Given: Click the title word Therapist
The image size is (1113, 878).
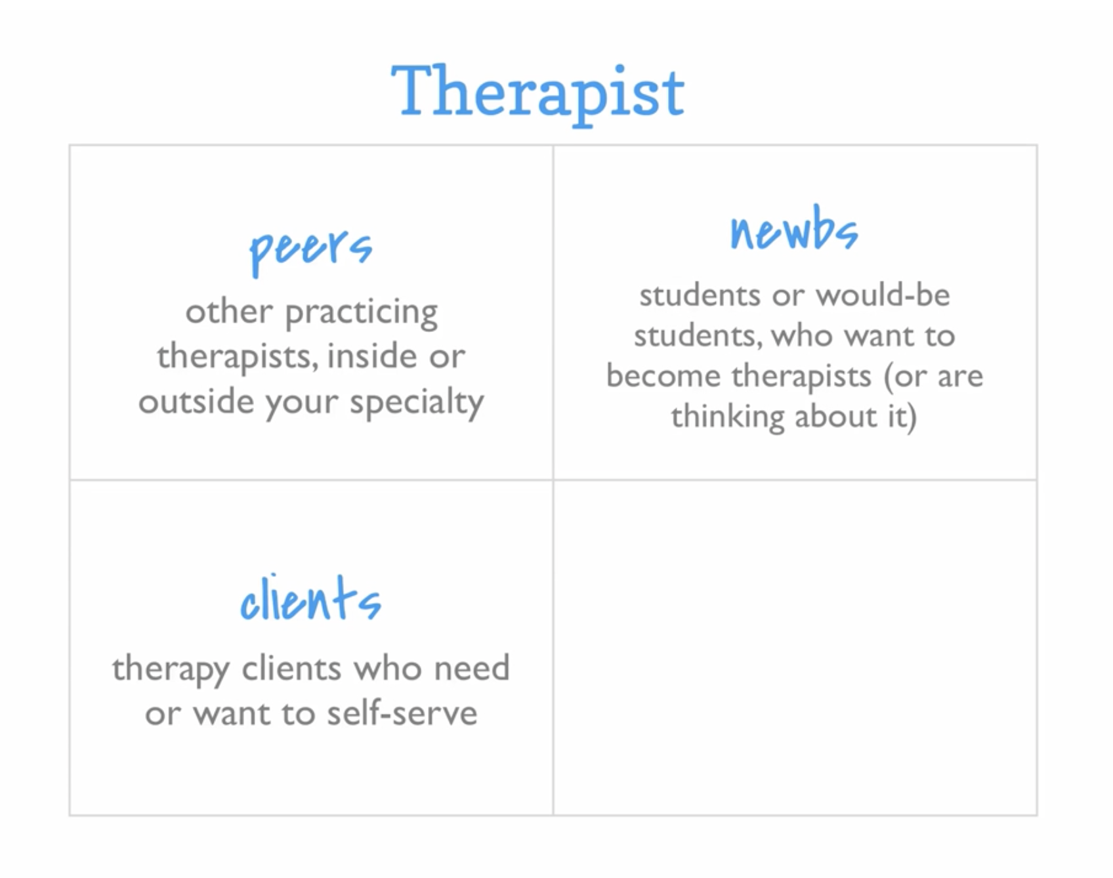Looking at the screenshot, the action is coord(537,93).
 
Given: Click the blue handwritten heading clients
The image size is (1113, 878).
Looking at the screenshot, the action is coord(310,598).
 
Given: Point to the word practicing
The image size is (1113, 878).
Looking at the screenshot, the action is coord(362,312).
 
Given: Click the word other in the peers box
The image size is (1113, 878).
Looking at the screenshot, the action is coord(228,310).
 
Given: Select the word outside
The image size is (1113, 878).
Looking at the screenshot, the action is coord(196,401).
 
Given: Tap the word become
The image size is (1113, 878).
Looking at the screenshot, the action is coord(663,376).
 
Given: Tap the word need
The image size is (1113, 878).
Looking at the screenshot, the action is coord(472,668).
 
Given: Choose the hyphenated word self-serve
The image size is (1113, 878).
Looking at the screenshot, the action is coord(402,713).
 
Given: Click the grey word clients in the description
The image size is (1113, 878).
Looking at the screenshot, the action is coord(291,668).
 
